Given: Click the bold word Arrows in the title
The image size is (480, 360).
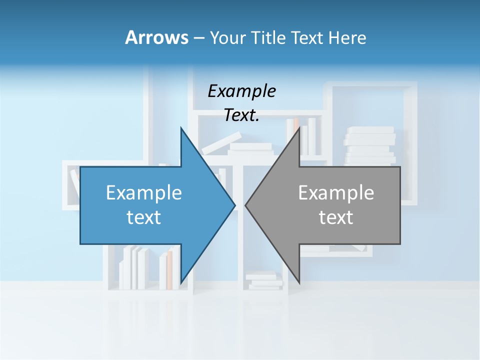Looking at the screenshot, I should pyautogui.click(x=156, y=37).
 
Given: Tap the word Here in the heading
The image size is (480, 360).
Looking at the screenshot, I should pyautogui.click(x=347, y=37).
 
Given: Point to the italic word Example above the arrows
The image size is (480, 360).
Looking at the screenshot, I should pyautogui.click(x=241, y=91).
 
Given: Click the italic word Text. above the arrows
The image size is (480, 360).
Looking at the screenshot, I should pyautogui.click(x=241, y=115).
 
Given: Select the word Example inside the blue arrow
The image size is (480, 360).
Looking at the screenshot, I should pyautogui.click(x=144, y=193).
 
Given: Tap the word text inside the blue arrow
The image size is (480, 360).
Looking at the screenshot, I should pyautogui.click(x=144, y=217).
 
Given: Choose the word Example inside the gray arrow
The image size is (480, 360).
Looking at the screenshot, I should pyautogui.click(x=336, y=193).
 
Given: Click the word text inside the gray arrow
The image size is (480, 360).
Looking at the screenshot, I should pyautogui.click(x=336, y=217).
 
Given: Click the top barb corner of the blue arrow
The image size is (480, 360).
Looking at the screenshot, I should pyautogui.click(x=181, y=128).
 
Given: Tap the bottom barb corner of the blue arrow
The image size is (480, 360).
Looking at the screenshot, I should pyautogui.click(x=181, y=283).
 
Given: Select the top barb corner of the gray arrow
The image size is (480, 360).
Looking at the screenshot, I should pyautogui.click(x=299, y=128).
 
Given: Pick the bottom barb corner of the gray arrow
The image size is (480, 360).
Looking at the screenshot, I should pyautogui.click(x=299, y=283).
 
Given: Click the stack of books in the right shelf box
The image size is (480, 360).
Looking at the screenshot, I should pyautogui.click(x=369, y=145).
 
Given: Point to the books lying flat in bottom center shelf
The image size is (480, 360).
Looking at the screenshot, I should pyautogui.click(x=263, y=280).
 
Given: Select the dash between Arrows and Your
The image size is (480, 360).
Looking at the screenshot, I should pyautogui.click(x=198, y=38).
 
